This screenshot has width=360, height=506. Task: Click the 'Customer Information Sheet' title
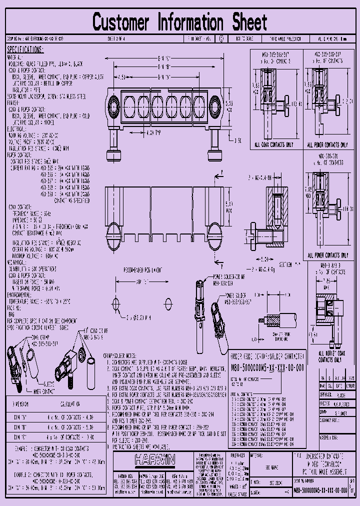[x=180, y=22]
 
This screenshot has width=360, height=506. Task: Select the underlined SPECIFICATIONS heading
[x=25, y=49]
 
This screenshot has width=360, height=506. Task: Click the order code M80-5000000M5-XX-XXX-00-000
[x=267, y=366]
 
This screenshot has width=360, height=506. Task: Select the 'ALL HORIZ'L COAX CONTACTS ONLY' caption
[x=331, y=356]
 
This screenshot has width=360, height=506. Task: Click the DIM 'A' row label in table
[x=20, y=415]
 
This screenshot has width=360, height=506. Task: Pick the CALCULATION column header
[x=70, y=403]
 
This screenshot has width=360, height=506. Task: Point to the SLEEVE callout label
[x=48, y=383]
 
